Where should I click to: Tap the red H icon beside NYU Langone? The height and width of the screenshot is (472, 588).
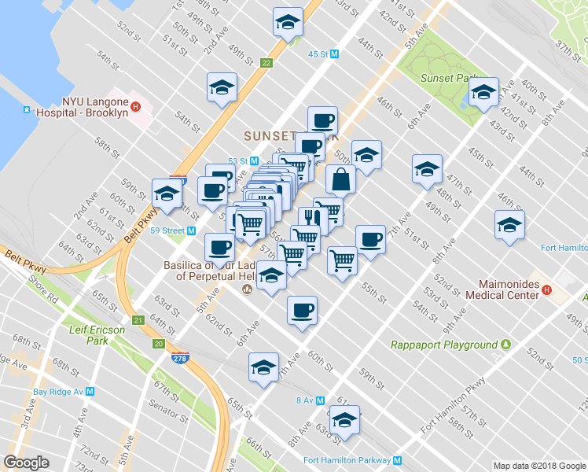click(136, 108)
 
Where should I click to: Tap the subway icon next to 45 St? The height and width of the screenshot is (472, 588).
click(334, 54)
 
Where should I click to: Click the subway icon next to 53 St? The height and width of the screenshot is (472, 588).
click(254, 160)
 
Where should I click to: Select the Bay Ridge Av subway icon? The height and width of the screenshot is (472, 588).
click(90, 391)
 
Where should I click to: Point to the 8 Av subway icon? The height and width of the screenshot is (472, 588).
click(321, 400)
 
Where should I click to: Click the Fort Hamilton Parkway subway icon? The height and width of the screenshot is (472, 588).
click(398, 460)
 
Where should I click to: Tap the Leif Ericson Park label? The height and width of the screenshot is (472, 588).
click(97, 335)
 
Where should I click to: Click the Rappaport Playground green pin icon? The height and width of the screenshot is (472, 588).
click(506, 345)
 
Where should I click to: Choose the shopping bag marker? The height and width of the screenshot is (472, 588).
click(341, 181)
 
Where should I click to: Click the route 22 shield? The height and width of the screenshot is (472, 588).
click(267, 63)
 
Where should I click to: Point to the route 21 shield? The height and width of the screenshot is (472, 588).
click(138, 320)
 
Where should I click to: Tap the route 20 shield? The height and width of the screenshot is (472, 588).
click(158, 344)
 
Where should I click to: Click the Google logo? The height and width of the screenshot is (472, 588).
click(25, 463)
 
